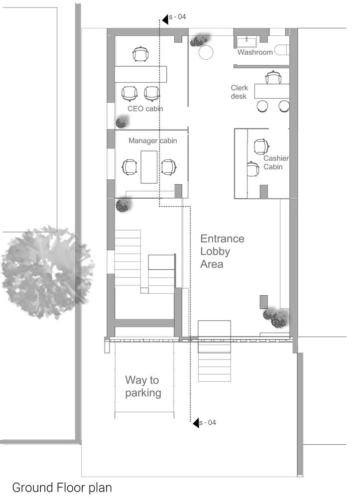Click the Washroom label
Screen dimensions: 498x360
point(254,52)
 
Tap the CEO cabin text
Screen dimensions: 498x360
point(145,109)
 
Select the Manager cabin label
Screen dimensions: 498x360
point(152,141)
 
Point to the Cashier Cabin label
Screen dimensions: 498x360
point(276,163)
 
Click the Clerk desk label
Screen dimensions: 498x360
point(239,92)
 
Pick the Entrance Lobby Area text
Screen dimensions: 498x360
point(222,251)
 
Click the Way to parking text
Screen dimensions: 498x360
point(143,386)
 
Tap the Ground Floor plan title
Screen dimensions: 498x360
point(62,487)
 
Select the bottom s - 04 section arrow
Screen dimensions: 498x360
point(196,423)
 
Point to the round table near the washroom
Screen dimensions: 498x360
point(206,52)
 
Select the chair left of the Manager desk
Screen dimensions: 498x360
point(129,167)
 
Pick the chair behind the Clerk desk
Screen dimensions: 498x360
point(273,78)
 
